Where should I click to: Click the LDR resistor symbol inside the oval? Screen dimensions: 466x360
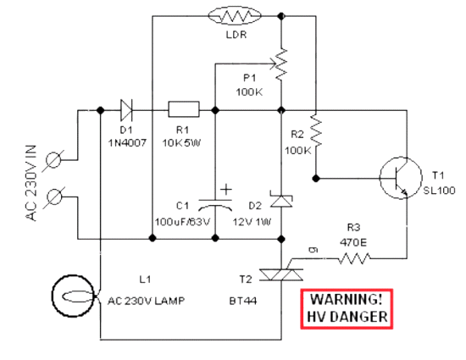coord(235,16)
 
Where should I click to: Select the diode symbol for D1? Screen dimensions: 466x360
coord(126,110)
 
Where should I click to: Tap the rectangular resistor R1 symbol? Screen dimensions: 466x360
coord(184,109)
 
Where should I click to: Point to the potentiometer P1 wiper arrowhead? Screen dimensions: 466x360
coord(273,64)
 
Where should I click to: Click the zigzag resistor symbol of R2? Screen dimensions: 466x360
coord(316,130)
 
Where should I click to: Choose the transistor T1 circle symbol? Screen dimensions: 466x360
coord(401,178)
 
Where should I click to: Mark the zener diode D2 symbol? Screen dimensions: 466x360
coord(280,199)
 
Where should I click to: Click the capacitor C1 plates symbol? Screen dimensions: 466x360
coord(215,204)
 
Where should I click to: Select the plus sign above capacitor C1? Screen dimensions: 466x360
coord(226,189)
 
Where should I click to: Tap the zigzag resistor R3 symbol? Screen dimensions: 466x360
coord(354,258)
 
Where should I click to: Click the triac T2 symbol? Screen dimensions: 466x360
coord(281,274)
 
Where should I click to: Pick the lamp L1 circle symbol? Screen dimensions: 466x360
coord(73,296)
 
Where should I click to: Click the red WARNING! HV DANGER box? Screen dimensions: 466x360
coord(347,308)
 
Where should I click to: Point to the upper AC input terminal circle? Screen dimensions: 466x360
coord(53,160)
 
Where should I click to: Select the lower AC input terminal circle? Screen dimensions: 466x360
coord(54,197)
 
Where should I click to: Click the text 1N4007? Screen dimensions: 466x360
coord(127,143)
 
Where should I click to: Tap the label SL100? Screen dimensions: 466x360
coord(439,191)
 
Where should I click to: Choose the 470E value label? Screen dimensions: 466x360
coord(353,242)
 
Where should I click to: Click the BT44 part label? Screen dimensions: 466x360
coord(243,301)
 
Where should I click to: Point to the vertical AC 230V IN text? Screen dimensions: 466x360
coord(31,183)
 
